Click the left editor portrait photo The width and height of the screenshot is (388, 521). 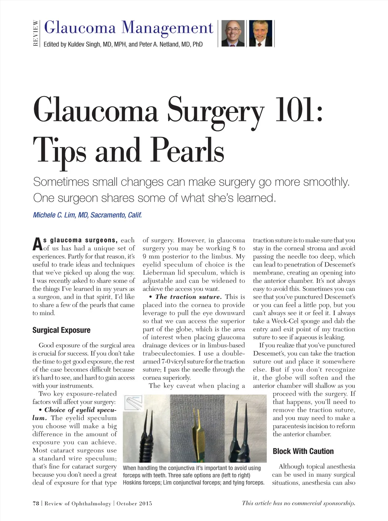[233, 33]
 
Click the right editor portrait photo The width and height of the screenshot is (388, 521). [260, 33]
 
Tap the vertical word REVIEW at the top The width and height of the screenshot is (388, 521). [36, 33]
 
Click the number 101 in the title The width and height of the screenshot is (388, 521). [299, 110]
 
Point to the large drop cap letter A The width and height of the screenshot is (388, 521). [37, 244]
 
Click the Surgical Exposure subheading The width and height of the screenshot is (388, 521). [61, 330]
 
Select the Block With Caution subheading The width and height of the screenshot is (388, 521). [303, 451]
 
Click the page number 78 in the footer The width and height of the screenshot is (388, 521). [36, 503]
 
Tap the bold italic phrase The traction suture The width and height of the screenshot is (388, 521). [188, 297]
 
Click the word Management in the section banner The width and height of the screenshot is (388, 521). [168, 28]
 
